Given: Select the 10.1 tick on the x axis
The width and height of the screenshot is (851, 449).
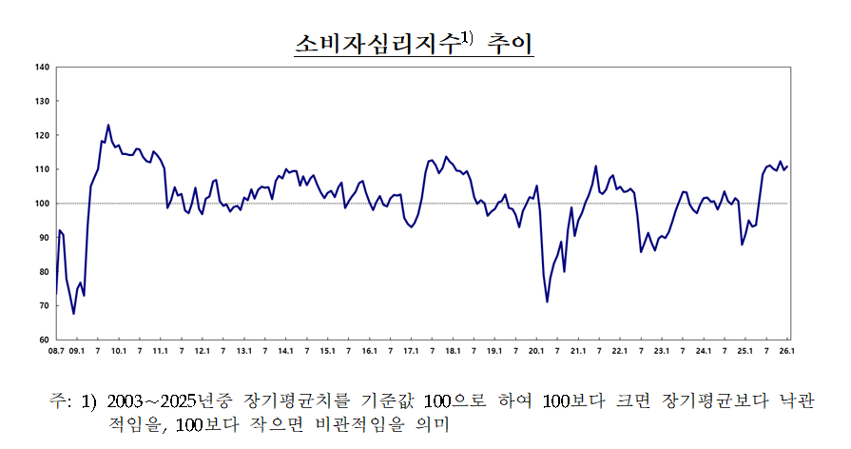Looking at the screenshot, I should (x=119, y=351).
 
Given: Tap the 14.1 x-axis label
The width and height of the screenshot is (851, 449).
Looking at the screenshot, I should (x=286, y=351).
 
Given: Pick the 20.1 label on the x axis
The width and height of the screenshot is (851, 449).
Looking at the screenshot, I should (x=536, y=351).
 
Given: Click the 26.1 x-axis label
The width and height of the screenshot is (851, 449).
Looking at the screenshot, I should (x=787, y=351).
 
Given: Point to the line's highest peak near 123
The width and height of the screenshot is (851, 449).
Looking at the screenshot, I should (x=108, y=125).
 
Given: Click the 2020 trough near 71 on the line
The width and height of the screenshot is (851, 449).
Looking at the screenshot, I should (x=547, y=302).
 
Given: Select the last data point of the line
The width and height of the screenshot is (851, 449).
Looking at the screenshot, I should (x=787, y=166).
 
